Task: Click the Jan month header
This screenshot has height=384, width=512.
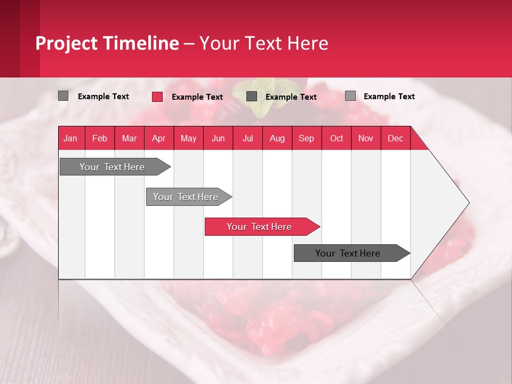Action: [x=70, y=138]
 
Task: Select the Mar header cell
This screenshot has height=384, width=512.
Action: [x=129, y=138]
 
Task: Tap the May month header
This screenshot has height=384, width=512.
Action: [x=188, y=138]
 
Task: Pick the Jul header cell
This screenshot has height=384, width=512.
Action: [x=247, y=138]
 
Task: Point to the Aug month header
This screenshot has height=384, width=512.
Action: [x=277, y=138]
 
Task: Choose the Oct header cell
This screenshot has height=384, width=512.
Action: [x=336, y=138]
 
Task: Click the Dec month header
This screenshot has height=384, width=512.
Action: [x=395, y=138]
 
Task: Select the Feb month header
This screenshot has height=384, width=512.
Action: [x=100, y=138]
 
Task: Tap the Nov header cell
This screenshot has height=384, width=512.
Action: [x=365, y=138]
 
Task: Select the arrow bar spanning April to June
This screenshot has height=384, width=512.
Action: [x=187, y=197]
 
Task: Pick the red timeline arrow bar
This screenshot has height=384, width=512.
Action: [x=260, y=227]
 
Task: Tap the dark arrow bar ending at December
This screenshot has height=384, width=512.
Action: [x=349, y=253]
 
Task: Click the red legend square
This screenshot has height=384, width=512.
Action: [x=157, y=97]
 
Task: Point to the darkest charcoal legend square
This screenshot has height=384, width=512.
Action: [x=252, y=97]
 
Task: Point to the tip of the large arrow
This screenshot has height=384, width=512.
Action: [x=468, y=203]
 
